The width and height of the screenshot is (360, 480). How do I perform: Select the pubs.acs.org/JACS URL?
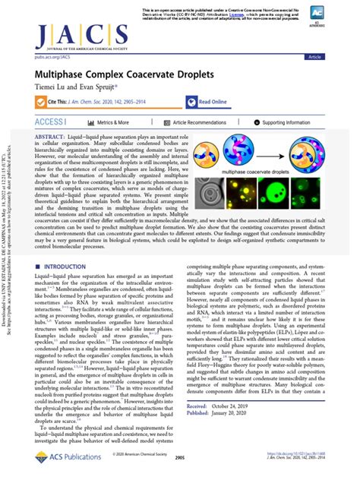46,55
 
